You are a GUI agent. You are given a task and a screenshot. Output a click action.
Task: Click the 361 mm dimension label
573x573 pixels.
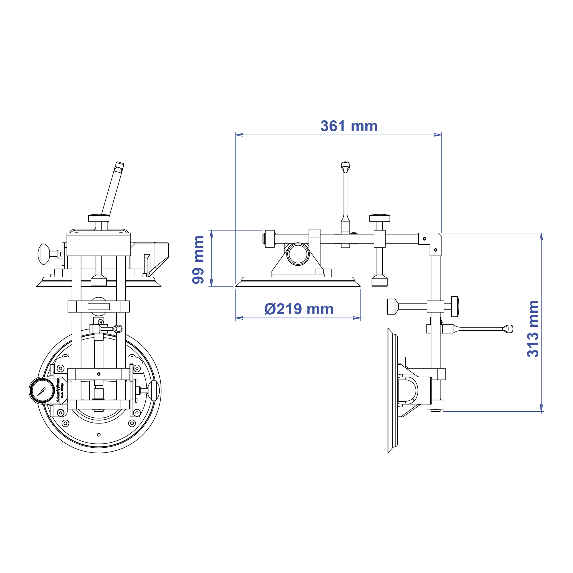coord(349,126)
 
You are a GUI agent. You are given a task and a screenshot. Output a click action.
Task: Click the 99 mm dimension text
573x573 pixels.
coord(198,260)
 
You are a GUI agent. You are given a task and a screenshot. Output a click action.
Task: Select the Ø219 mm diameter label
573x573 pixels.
coord(299,309)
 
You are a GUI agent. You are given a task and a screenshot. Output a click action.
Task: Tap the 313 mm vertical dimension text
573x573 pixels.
coord(533,329)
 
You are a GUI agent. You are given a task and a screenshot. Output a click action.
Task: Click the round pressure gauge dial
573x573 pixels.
coord(42,391)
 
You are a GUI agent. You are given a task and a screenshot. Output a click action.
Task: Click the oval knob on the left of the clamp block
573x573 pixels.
coord(44,254)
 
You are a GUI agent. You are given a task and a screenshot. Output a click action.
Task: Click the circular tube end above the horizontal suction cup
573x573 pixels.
coord(298,254)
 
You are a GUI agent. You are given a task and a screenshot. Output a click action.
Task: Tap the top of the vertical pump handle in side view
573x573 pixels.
coord(345,165)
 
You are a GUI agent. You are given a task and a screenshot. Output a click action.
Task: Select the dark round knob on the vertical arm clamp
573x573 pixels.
coord(455,306)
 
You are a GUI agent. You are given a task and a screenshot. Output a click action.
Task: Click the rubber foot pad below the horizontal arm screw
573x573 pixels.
coord(379,281)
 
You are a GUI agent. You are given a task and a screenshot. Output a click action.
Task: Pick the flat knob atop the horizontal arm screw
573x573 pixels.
coord(379,218)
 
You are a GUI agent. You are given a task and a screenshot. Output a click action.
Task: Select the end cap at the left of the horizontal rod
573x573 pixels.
coord(269,239)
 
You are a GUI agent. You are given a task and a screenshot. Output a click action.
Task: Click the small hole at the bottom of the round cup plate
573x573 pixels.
coord(99,435)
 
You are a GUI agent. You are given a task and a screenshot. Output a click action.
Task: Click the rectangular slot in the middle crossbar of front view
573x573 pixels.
coord(99,306)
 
